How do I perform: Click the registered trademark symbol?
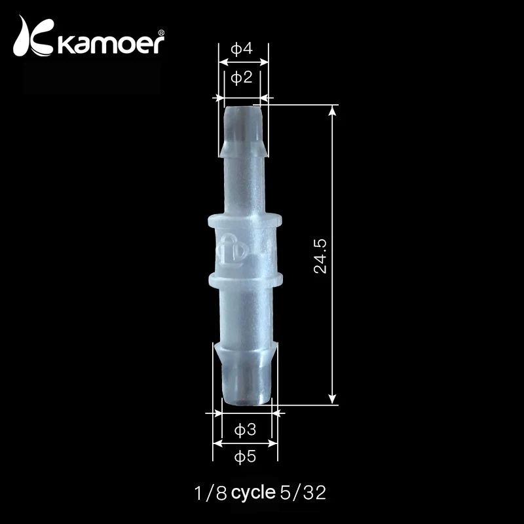[160, 32]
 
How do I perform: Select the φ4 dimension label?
[242, 49]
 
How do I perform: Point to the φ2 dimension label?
[242, 78]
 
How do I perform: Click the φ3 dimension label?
[245, 430]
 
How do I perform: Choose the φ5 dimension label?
[245, 456]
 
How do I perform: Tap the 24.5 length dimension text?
[320, 256]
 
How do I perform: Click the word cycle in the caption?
[253, 493]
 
